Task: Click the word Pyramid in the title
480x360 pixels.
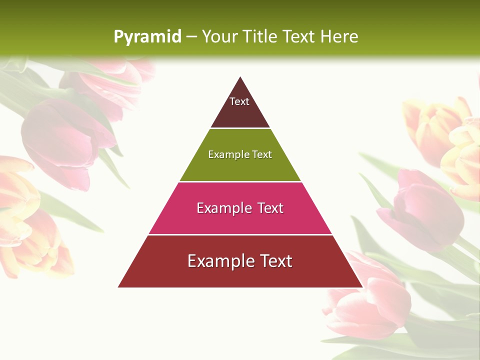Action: [147, 37]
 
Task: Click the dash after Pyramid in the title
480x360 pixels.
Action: [191, 37]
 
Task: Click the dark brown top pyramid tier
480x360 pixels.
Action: [240, 112]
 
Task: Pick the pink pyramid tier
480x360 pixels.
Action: [240, 220]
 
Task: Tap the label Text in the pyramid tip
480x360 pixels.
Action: [239, 101]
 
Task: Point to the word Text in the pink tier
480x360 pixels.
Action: [270, 208]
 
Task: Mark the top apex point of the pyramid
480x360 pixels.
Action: [240, 77]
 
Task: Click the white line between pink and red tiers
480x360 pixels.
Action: [240, 234]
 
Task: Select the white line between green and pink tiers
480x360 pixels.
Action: [240, 181]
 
